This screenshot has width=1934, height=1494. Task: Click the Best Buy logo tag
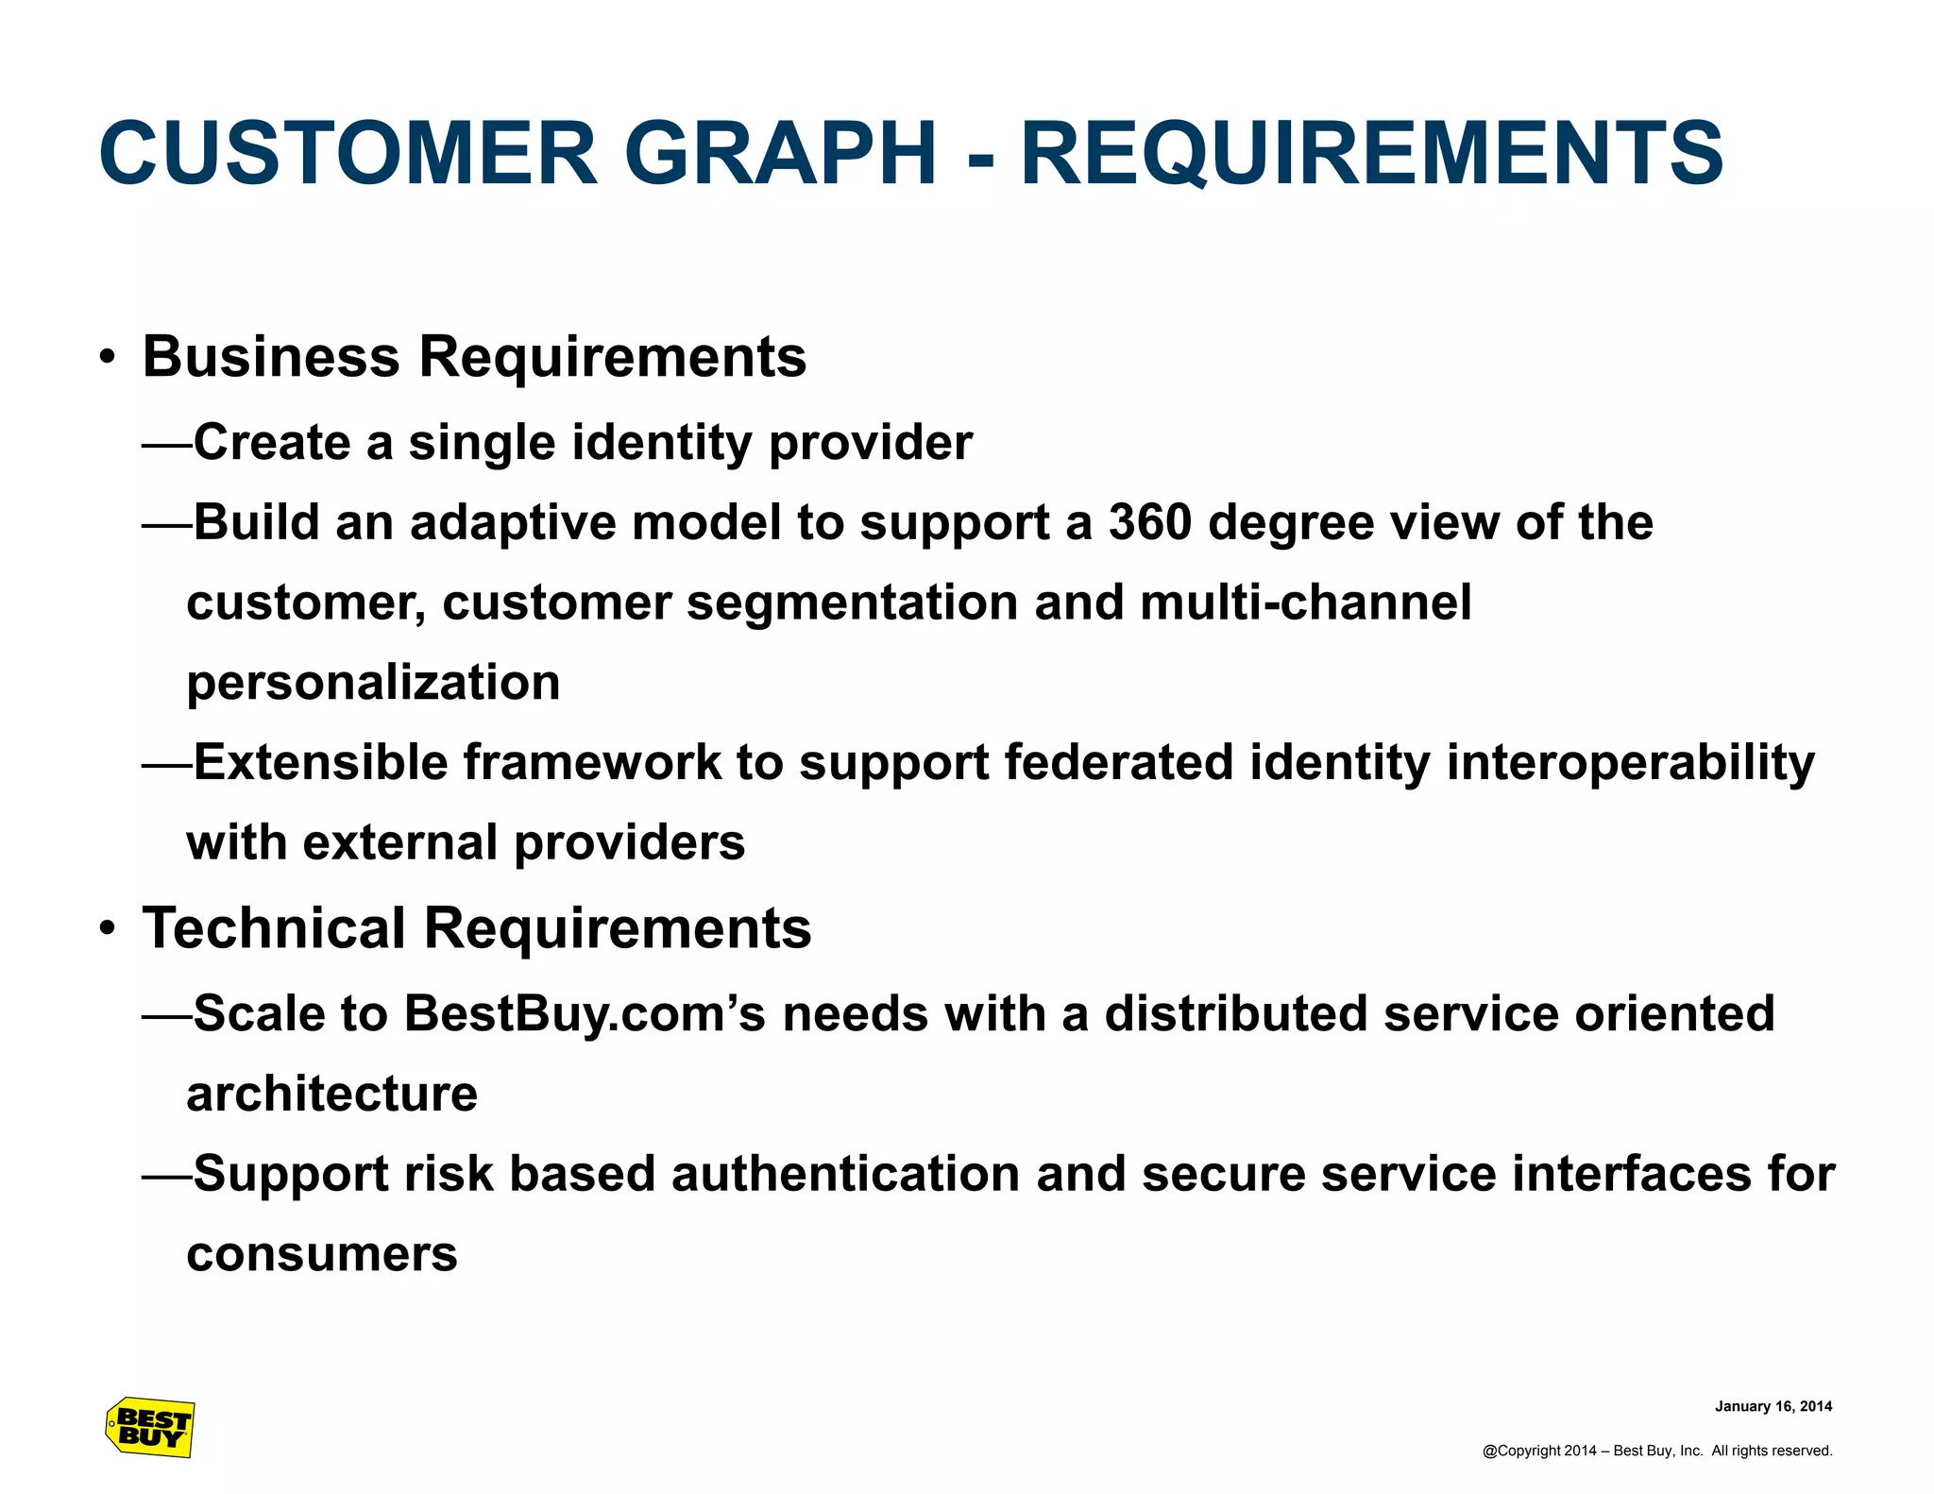tap(150, 1427)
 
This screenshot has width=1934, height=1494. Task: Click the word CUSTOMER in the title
tap(348, 153)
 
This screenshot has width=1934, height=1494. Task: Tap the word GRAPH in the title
tap(780, 153)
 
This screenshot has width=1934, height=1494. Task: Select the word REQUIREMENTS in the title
tap(1372, 153)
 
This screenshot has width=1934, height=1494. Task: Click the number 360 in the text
tap(1149, 522)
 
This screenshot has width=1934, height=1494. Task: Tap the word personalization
tap(373, 683)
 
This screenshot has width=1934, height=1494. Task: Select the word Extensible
tap(320, 762)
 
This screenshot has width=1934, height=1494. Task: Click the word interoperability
tap(1630, 762)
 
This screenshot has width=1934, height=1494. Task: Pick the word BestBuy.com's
tap(585, 1013)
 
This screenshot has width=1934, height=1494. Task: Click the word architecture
tap(331, 1094)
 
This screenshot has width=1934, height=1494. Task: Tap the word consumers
tap(322, 1254)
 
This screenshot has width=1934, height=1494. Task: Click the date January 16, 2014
tap(1773, 1406)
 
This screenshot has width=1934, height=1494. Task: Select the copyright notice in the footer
tap(1656, 1451)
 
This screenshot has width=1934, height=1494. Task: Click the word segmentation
tap(852, 603)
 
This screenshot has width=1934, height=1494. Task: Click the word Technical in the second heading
tap(275, 928)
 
